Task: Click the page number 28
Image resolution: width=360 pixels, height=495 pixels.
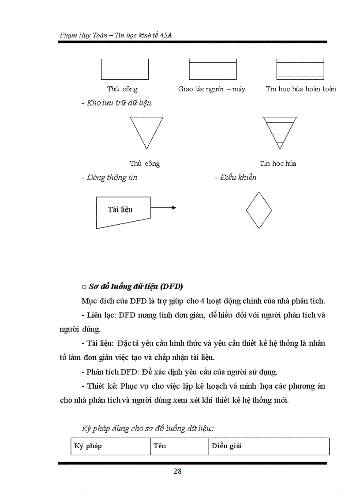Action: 177,471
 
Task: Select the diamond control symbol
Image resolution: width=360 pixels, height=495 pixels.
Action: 259,210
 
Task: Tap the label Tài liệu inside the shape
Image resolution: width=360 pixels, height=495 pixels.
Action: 120,209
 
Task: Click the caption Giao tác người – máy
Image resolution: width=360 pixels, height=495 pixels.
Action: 212,89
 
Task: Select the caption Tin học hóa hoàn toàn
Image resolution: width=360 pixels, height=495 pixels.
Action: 300,89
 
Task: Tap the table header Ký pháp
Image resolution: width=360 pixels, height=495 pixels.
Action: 88,446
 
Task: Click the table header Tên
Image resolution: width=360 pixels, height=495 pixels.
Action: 159,446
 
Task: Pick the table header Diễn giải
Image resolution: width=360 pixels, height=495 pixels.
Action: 226,446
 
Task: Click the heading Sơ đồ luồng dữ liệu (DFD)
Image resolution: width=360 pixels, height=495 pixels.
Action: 135,287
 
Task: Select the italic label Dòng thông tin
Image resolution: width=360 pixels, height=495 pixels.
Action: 112,178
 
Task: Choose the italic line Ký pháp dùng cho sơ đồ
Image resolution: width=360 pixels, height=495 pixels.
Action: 148,428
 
